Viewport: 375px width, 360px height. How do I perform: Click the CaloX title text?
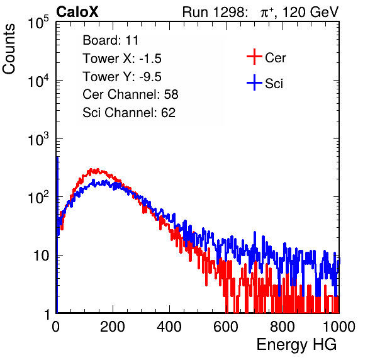(x=77, y=12)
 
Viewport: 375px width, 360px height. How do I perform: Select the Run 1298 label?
(x=215, y=12)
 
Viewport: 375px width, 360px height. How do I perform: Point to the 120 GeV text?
(x=311, y=12)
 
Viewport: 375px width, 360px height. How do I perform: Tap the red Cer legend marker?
(x=254, y=57)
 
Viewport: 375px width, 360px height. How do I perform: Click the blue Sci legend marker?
(x=254, y=83)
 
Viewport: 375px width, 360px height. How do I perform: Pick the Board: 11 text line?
(x=111, y=40)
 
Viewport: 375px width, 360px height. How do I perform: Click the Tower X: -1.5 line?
(x=122, y=59)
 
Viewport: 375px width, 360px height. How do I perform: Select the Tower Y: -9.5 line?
(x=122, y=77)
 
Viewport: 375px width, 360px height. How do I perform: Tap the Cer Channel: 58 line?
(x=130, y=94)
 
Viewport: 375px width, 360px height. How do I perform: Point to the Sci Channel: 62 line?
(x=129, y=113)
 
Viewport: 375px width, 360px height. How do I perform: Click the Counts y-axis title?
(x=9, y=49)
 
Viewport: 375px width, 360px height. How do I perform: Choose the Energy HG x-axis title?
(x=296, y=345)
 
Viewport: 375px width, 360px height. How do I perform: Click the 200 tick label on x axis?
(x=113, y=327)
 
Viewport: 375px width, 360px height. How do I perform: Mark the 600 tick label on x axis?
(x=226, y=327)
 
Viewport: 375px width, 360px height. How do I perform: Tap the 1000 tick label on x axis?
(x=339, y=327)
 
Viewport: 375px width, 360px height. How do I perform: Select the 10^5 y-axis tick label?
(x=38, y=23)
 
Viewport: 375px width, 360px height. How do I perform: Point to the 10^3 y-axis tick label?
(x=38, y=139)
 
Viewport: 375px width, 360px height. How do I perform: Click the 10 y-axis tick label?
(x=41, y=256)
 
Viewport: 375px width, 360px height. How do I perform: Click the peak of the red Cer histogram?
(x=91, y=169)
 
